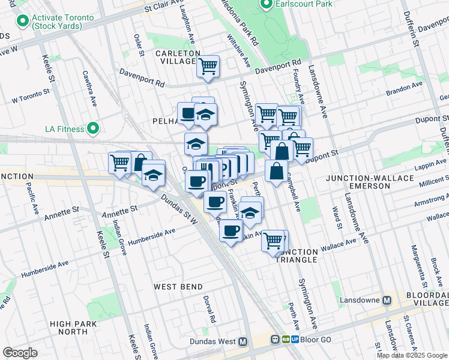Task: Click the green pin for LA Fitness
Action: click(x=92, y=128)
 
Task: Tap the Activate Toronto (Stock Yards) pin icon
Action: click(x=23, y=22)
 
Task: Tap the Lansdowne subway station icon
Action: click(x=387, y=299)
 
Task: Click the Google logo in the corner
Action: click(x=20, y=353)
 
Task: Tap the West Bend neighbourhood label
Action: click(x=178, y=287)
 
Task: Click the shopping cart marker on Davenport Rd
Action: click(x=208, y=67)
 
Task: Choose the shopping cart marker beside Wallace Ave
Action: click(x=274, y=241)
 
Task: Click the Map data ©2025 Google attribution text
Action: click(x=411, y=355)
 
